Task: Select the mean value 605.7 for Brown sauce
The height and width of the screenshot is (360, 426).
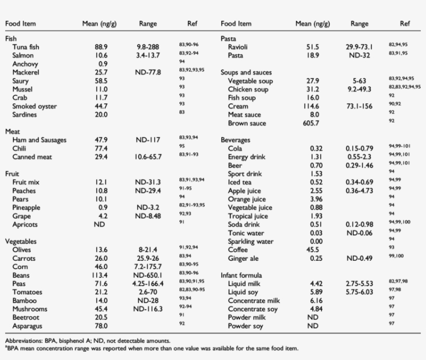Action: (311, 123)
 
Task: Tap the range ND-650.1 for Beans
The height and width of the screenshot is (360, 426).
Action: (148, 275)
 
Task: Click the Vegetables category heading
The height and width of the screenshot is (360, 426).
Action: (20, 242)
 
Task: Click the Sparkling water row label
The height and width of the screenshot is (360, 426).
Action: (251, 242)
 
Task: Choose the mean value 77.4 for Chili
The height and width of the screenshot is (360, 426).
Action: (101, 149)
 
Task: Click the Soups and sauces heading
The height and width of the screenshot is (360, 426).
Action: (246, 73)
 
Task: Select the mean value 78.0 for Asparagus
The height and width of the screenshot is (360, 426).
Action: (101, 326)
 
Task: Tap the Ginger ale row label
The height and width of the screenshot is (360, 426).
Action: (244, 258)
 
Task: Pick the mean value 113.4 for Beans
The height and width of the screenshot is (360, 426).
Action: (101, 275)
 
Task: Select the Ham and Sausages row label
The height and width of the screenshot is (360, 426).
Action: (39, 140)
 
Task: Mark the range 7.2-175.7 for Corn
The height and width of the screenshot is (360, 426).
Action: (148, 267)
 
